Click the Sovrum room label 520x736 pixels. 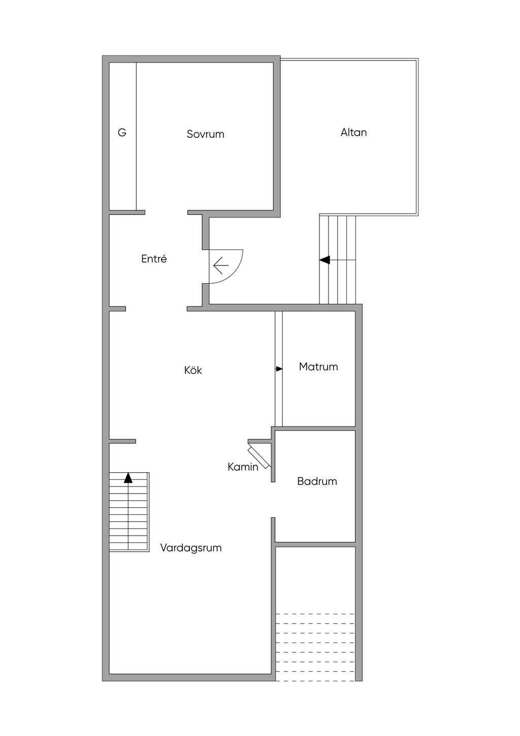tap(206, 134)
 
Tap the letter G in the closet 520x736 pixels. tap(122, 133)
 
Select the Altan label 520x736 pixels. tap(353, 133)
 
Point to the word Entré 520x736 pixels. tap(154, 259)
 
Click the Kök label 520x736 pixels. tap(193, 370)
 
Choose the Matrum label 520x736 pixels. tap(318, 366)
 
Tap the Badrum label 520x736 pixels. tap(317, 481)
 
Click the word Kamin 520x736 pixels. tap(243, 467)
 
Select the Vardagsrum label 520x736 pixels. tap(191, 548)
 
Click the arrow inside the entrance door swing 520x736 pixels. tap(221, 265)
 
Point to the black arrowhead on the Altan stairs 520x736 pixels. tap(324, 260)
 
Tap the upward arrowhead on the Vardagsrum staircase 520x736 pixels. tap(128, 478)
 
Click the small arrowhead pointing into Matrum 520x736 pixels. tap(279, 369)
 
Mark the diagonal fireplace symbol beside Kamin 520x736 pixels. tap(259, 457)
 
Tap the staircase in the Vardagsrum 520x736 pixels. tap(129, 511)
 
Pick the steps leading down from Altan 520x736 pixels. tap(338, 260)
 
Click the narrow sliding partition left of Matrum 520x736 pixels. tap(279, 369)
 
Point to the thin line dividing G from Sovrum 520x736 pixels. tap(136, 136)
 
